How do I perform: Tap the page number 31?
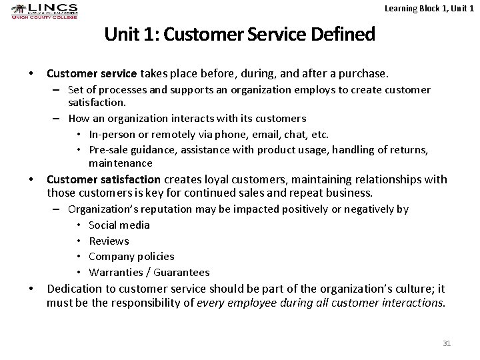(447, 343)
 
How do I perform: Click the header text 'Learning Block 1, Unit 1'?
(429, 7)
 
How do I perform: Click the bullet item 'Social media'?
(119, 225)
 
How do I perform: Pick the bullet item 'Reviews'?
(109, 241)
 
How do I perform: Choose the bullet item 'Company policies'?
(131, 256)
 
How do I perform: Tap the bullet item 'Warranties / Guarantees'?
(149, 272)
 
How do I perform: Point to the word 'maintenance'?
(121, 163)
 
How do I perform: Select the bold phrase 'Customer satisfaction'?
(103, 179)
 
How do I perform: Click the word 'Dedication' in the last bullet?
(75, 288)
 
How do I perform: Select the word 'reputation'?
(155, 209)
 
